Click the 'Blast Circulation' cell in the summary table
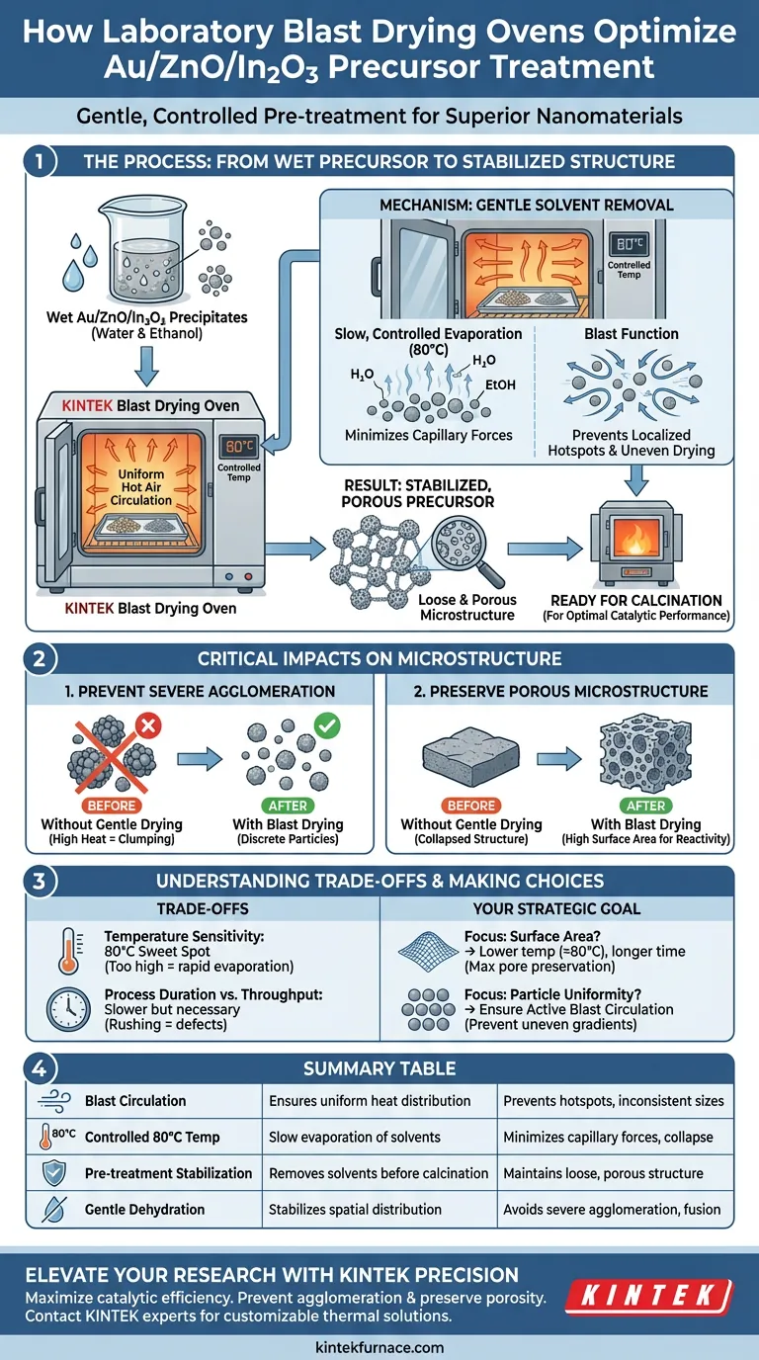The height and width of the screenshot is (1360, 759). (135, 1100)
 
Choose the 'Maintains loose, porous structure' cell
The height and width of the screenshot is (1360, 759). (603, 1173)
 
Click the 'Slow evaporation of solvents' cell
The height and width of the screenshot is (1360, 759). (354, 1137)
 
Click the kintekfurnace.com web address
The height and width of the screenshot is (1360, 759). (379, 1346)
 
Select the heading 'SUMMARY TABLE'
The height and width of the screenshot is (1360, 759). (379, 1068)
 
